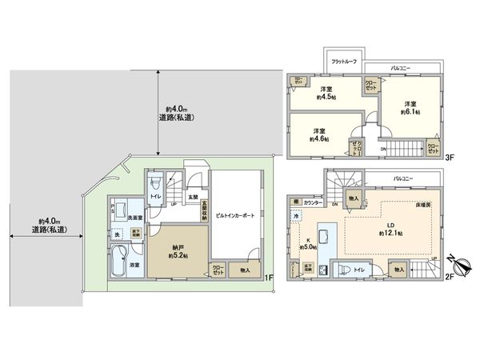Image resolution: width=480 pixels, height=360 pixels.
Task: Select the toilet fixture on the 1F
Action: click(153, 197)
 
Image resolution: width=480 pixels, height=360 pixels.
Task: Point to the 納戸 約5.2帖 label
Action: click(172, 251)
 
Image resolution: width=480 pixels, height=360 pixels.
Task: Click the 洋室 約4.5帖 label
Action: click(326, 94)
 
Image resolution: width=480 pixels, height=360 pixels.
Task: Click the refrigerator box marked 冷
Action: click(295, 217)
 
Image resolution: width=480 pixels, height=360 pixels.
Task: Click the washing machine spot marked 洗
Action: click(117, 234)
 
